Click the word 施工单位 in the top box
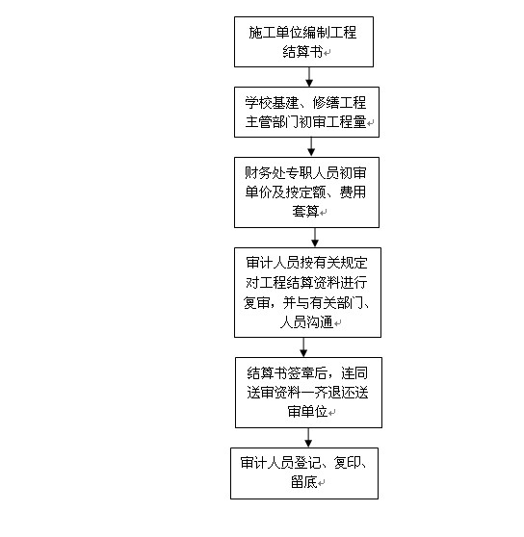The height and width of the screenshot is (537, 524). (275, 33)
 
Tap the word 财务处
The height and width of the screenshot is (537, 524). (265, 173)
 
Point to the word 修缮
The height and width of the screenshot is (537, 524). (326, 103)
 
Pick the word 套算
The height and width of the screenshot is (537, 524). (305, 211)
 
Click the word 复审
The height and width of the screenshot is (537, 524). (256, 302)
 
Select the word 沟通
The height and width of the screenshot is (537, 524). (320, 322)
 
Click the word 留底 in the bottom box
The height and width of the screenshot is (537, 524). (304, 482)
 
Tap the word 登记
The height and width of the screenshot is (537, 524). (307, 463)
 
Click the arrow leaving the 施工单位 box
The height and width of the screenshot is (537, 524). (309, 77)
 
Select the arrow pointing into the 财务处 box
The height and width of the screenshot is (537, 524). (311, 147)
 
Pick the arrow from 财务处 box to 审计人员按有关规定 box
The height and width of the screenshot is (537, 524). (315, 238)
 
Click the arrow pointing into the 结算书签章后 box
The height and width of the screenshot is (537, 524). (303, 347)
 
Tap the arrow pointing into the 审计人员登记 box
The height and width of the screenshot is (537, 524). (308, 438)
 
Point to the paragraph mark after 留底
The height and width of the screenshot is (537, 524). (321, 483)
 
